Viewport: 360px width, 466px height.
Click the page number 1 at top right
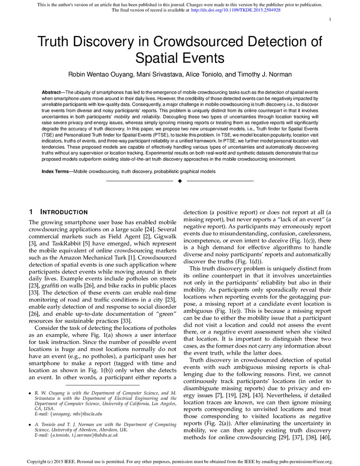pyautogui.click(x=330, y=20)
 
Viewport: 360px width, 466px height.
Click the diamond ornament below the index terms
pyautogui.click(x=180, y=180)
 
